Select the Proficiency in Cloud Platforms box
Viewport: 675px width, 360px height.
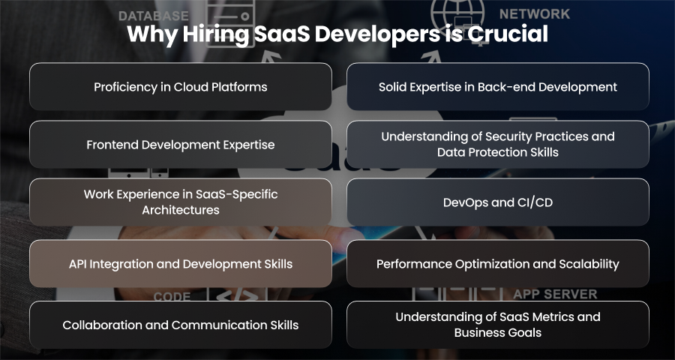coord(180,86)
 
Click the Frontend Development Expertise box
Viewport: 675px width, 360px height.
coord(180,144)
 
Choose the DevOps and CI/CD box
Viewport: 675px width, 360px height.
coord(498,202)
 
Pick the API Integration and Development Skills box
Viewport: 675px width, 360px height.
coord(180,263)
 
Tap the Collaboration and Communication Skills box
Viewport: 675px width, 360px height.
coord(180,325)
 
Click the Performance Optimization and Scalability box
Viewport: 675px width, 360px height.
coord(498,263)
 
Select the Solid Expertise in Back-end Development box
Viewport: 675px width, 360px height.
coord(498,86)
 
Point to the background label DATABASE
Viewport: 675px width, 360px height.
coord(154,16)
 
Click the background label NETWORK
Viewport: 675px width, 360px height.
coord(535,14)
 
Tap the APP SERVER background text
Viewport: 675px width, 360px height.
coord(555,294)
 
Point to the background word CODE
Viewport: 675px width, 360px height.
coord(172,297)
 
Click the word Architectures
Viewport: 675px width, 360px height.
coord(181,210)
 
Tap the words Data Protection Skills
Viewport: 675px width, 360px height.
coord(498,152)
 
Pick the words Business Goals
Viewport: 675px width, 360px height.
coord(498,333)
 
